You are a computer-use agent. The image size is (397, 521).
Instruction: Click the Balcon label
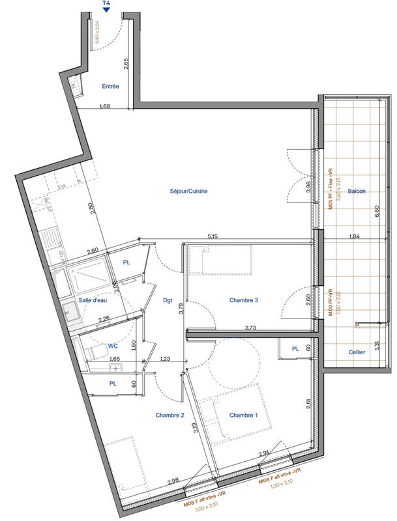coord(356,191)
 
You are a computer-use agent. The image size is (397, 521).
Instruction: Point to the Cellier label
coord(356,352)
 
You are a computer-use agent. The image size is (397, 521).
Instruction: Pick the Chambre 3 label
coord(244,300)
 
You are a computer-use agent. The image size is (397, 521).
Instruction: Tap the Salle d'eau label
coord(93,300)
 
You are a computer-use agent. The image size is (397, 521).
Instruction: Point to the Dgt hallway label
coord(168,300)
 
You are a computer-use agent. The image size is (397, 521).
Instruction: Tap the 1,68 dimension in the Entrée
coord(104,106)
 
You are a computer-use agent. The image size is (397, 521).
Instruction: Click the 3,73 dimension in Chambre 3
coord(251,328)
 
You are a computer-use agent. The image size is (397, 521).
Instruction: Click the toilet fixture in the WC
coord(96,352)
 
